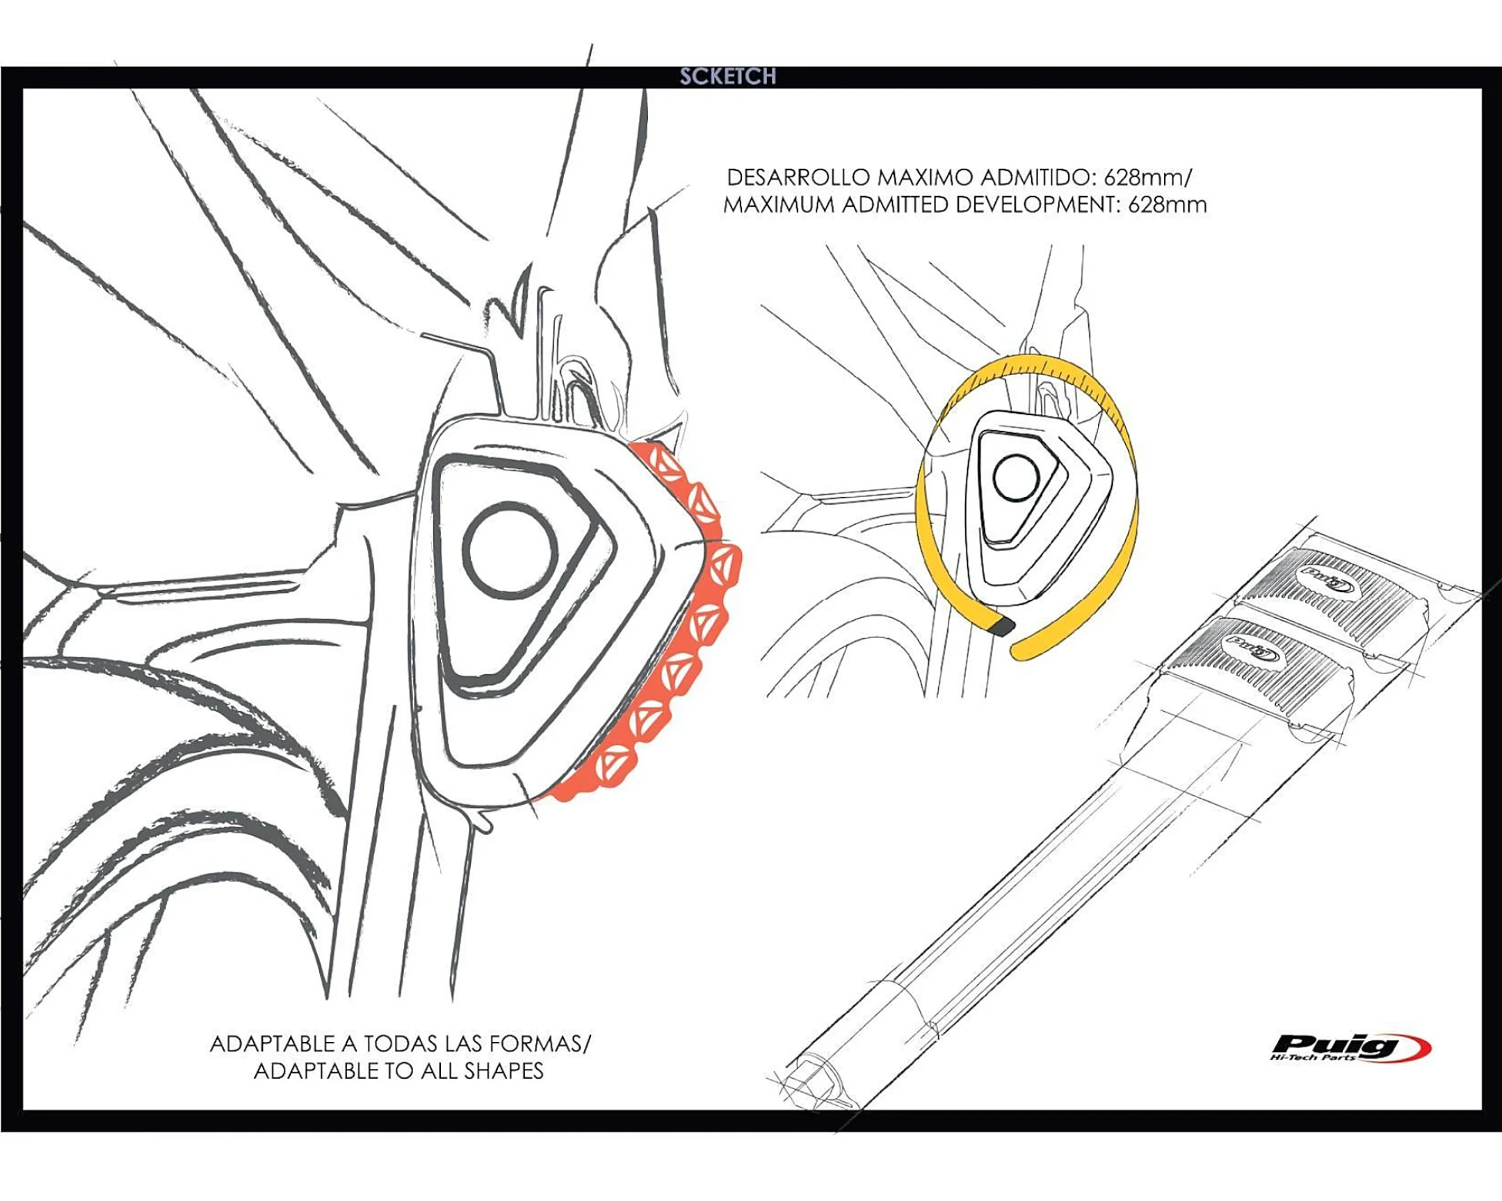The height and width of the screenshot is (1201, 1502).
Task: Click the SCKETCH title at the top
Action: coord(727,76)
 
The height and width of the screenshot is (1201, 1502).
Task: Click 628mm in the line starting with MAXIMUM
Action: coord(1168,206)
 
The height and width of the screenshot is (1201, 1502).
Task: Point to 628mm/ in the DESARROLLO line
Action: coord(1148,177)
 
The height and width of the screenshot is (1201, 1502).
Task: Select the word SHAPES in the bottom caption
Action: coord(503,1071)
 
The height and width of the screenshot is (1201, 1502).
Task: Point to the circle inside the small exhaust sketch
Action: coord(1017,478)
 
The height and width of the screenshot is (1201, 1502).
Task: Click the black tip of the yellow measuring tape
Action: coord(1001,625)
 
